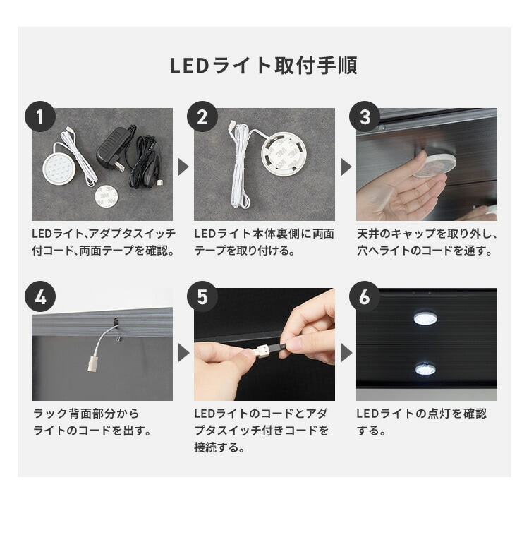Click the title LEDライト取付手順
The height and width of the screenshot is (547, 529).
click(x=264, y=66)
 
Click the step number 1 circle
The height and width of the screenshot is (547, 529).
click(x=40, y=117)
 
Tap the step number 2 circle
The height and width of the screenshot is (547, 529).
click(x=202, y=117)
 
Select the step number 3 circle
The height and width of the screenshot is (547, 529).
click(x=365, y=117)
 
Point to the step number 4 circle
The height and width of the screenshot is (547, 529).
click(x=40, y=297)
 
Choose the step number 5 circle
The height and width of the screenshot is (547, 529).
click(x=202, y=297)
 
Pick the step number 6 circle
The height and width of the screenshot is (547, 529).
click(x=365, y=297)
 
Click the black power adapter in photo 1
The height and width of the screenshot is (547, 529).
click(x=111, y=150)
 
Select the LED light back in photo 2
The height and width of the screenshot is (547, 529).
click(x=280, y=154)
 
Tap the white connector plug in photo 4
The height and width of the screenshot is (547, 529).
click(x=92, y=363)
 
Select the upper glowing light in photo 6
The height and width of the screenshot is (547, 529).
click(x=425, y=318)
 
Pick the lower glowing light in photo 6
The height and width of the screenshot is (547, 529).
click(x=425, y=368)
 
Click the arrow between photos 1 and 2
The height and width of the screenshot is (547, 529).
click(x=183, y=167)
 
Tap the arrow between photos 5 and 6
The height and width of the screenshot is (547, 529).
click(x=346, y=352)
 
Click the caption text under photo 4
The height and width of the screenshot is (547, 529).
click(x=92, y=421)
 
